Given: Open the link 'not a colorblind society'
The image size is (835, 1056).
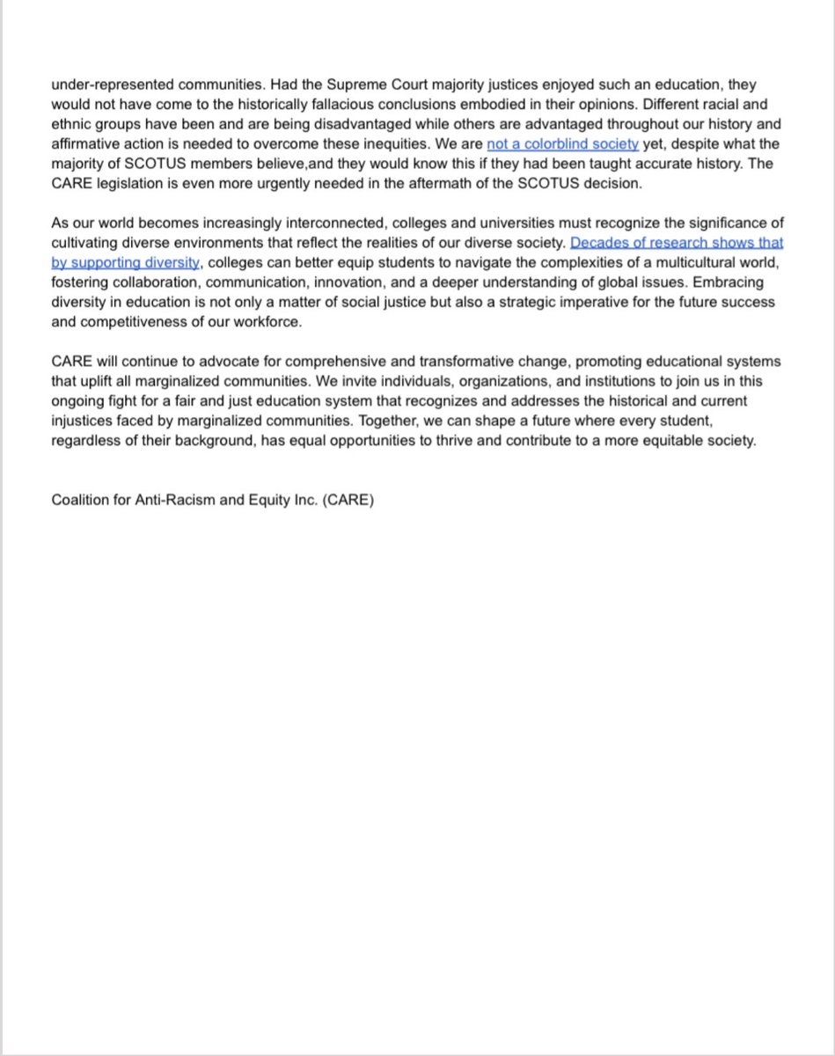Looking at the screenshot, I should pos(562,143).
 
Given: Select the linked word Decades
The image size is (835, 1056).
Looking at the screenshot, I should pos(598,242).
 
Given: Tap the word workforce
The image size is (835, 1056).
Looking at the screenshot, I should pos(269,321).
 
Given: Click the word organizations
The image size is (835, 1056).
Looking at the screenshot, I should pos(432,381).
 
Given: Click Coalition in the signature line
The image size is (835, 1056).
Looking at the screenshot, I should pos(81,501).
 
